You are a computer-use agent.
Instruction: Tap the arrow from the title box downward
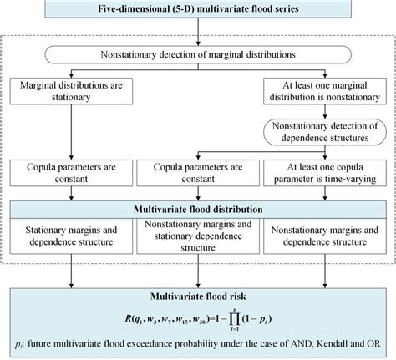[197, 31]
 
